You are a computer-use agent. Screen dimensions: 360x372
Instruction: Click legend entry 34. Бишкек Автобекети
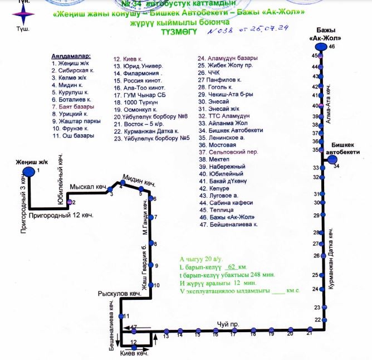[x=231, y=130]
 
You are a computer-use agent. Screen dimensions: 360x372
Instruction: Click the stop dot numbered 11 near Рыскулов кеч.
[x=122, y=316]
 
